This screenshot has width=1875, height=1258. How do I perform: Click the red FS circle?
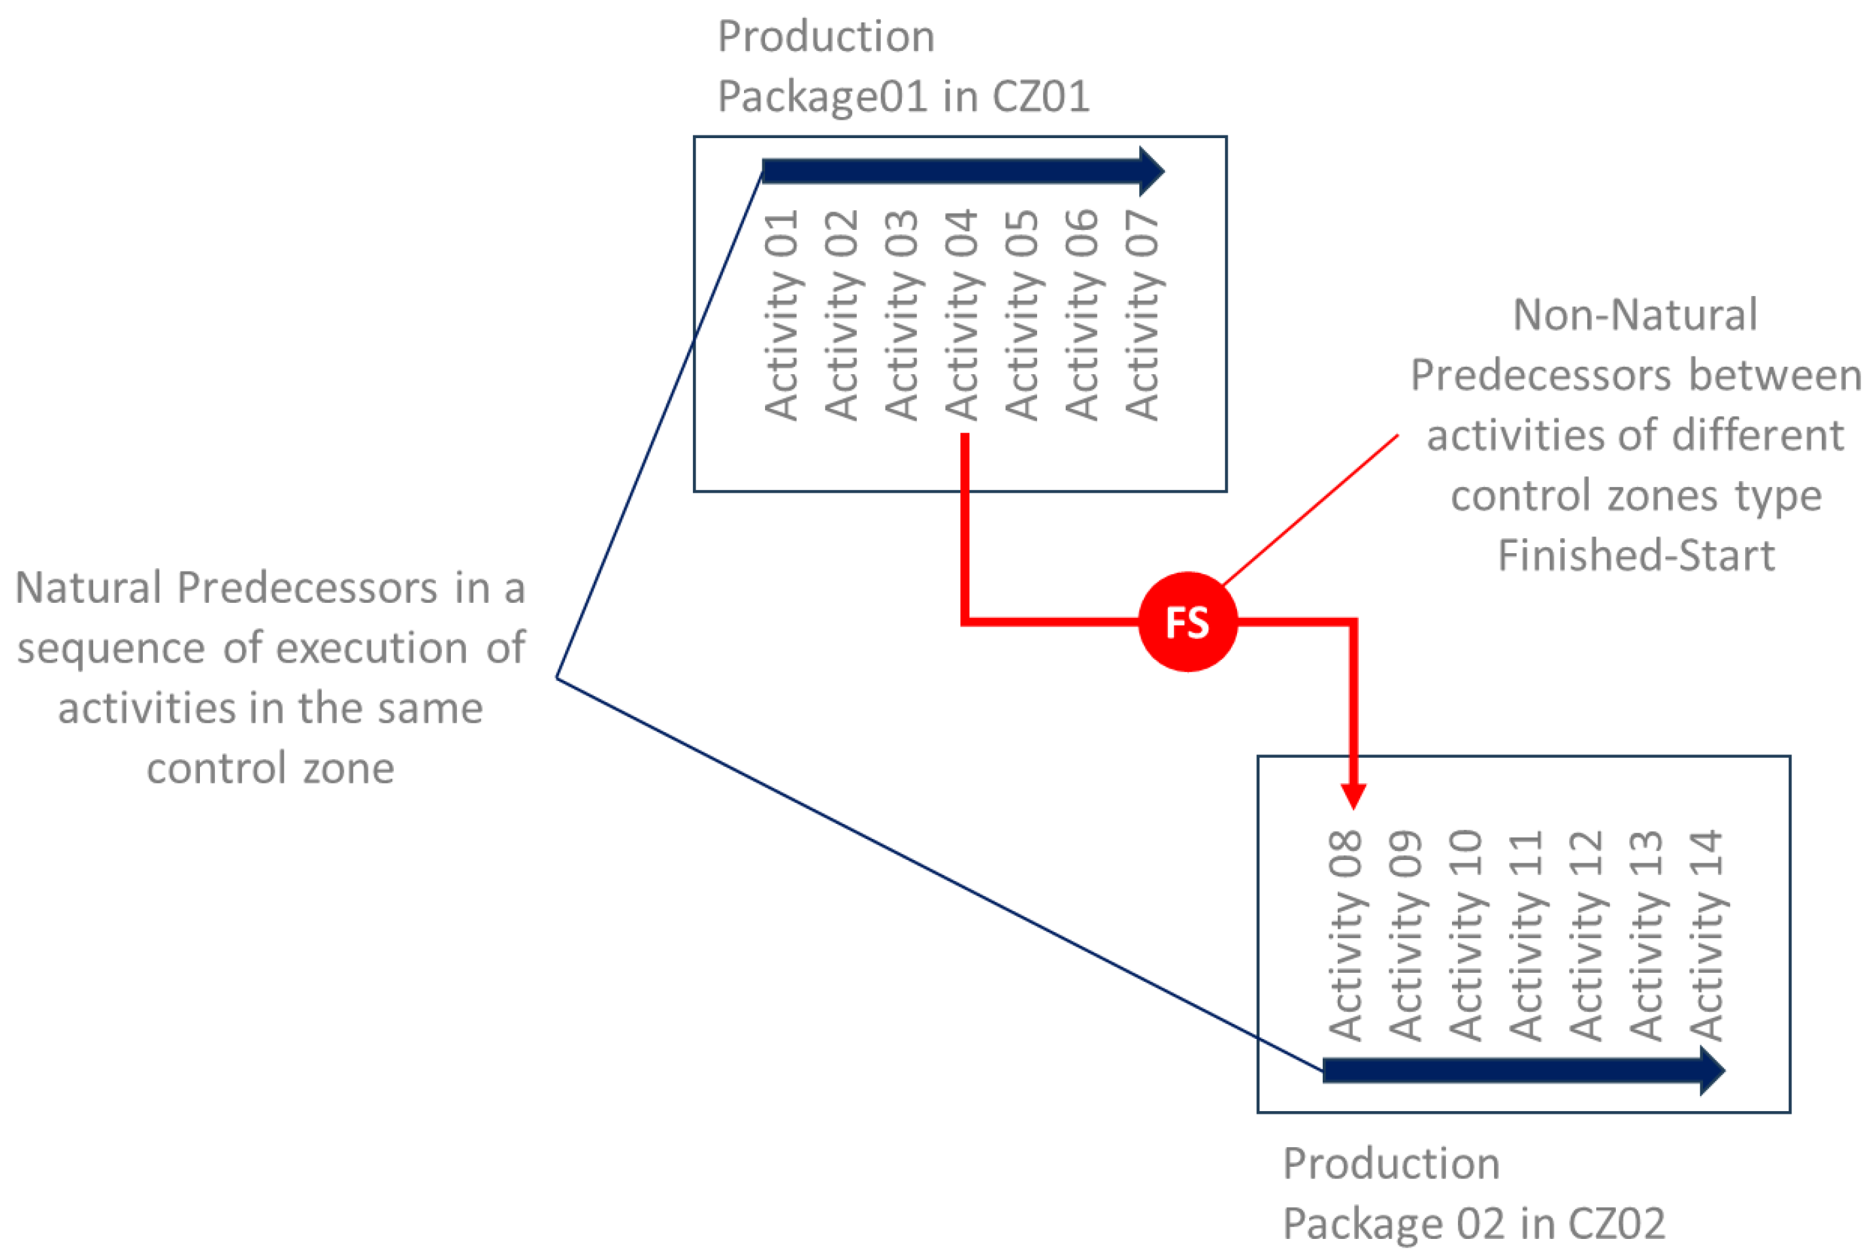click(x=1187, y=622)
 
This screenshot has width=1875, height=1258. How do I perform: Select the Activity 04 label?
click(x=962, y=315)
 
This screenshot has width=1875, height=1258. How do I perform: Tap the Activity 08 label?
click(x=1345, y=936)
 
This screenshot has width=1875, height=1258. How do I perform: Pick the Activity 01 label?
click(x=781, y=315)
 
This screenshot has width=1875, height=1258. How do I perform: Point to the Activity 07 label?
click(x=1142, y=315)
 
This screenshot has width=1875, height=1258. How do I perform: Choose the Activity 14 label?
click(x=1706, y=936)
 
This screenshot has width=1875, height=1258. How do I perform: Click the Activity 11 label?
click(x=1525, y=936)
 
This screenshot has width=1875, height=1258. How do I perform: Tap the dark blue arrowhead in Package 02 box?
click(x=1712, y=1070)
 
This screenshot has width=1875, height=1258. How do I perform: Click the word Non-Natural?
click(x=1634, y=314)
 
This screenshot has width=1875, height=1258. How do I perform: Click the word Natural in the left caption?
click(x=88, y=587)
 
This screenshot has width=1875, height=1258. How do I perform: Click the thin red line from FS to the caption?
click(x=1311, y=510)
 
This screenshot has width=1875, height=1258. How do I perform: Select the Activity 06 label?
click(x=1082, y=315)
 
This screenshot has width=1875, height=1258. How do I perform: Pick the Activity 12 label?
click(x=1585, y=936)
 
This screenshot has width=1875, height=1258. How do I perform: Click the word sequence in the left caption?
click(x=111, y=648)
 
